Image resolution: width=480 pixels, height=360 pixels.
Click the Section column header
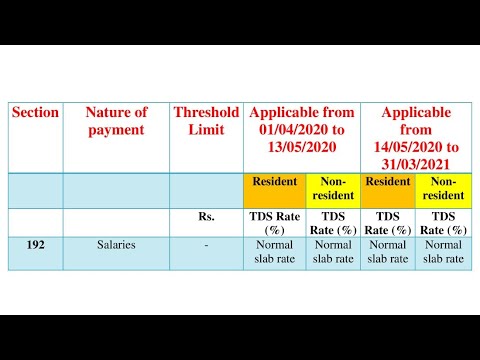pos(35,113)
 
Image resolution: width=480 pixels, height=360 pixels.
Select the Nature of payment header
pos(116,121)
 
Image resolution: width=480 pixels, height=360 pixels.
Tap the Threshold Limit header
pos(206,121)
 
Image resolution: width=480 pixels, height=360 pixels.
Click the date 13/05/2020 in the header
pos(301,147)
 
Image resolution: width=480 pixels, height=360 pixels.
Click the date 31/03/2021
pos(416,164)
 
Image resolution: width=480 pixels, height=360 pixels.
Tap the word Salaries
pos(116,243)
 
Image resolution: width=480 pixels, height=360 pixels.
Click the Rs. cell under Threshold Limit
pos(207,216)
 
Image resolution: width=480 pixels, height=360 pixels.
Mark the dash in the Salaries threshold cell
pos(205,243)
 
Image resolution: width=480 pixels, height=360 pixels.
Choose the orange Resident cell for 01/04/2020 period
pos(274,182)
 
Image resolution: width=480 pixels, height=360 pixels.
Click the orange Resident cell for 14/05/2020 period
pos(387,182)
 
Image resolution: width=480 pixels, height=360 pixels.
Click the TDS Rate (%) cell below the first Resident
pos(274,223)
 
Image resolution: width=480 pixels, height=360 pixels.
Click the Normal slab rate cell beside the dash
pos(274,250)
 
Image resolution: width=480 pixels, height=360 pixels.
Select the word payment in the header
pos(116,130)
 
